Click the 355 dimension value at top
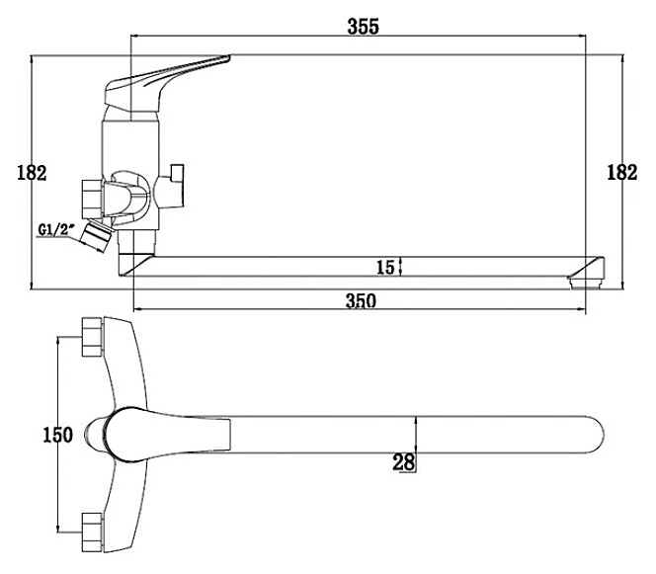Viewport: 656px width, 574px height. [364, 27]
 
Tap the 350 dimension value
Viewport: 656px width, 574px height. [361, 300]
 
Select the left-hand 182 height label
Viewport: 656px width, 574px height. [32, 172]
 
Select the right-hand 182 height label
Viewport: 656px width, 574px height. [622, 172]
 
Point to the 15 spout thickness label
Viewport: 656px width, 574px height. [385, 268]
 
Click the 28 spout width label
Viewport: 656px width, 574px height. [403, 462]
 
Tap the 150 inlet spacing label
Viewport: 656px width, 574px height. [58, 435]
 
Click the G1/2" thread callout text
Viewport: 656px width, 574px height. [56, 229]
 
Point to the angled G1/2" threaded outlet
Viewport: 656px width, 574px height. [96, 236]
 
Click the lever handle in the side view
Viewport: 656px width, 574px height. [163, 84]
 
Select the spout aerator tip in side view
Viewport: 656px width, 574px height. [587, 274]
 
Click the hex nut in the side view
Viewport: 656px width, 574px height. [92, 199]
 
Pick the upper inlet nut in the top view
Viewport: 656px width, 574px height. [92, 337]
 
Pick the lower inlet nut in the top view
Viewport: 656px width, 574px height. [92, 533]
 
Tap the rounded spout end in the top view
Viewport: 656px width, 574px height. [595, 435]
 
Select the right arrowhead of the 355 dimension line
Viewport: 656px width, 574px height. [581, 36]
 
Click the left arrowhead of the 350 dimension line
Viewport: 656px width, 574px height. [138, 309]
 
